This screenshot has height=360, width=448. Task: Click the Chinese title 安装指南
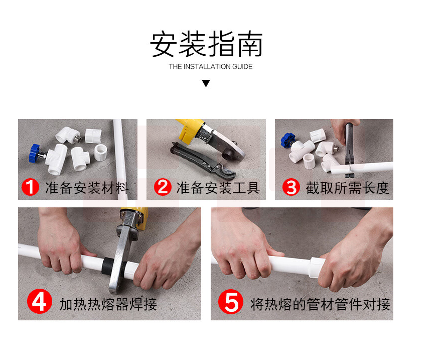(x=206, y=44)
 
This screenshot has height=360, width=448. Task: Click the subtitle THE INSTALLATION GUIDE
(x=211, y=67)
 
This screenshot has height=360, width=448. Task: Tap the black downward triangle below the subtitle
(x=206, y=83)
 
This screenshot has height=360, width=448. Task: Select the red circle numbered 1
(x=30, y=187)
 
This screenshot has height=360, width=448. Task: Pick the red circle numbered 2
(x=163, y=187)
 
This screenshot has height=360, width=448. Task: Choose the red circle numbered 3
(x=291, y=187)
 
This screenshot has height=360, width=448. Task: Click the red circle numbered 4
(x=40, y=301)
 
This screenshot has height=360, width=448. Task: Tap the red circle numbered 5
(x=231, y=302)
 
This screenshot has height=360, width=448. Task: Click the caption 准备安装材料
(x=87, y=188)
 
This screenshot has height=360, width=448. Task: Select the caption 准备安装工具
(x=218, y=188)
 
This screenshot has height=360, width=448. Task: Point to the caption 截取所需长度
(x=347, y=188)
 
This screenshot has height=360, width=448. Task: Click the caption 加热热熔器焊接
(x=108, y=304)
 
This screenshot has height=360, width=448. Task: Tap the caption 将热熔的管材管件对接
(x=320, y=304)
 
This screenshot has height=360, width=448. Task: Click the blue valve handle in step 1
(x=34, y=153)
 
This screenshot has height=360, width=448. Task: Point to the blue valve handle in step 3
(x=287, y=140)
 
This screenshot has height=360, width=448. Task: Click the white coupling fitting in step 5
(x=316, y=267)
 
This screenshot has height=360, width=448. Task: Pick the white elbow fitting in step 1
(x=68, y=135)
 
